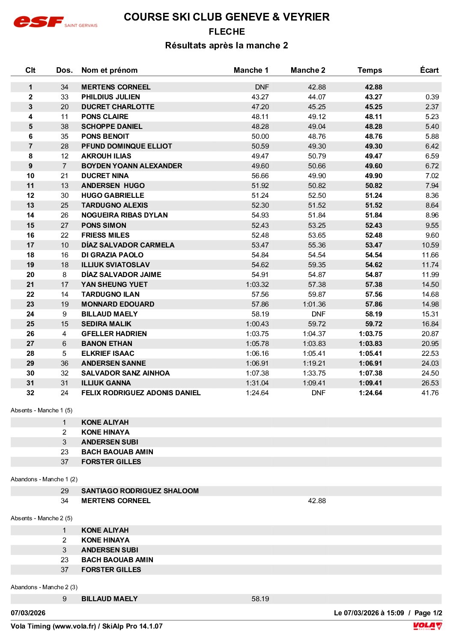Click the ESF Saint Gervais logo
55,22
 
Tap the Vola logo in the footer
427,626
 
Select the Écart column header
429,70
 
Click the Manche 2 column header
308,70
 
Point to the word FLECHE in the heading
226,32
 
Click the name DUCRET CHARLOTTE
118,107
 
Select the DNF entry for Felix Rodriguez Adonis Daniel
318,393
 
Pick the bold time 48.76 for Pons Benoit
373,136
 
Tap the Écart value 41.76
430,393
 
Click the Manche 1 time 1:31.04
257,383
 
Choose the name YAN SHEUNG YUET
114,284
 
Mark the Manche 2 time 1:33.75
314,373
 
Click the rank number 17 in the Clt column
30,245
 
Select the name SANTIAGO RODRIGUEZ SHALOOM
140,491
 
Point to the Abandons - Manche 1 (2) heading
44,479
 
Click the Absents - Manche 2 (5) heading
42,518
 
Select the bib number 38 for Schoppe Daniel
64,126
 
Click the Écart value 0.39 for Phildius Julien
432,97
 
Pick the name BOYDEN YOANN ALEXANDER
131,166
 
